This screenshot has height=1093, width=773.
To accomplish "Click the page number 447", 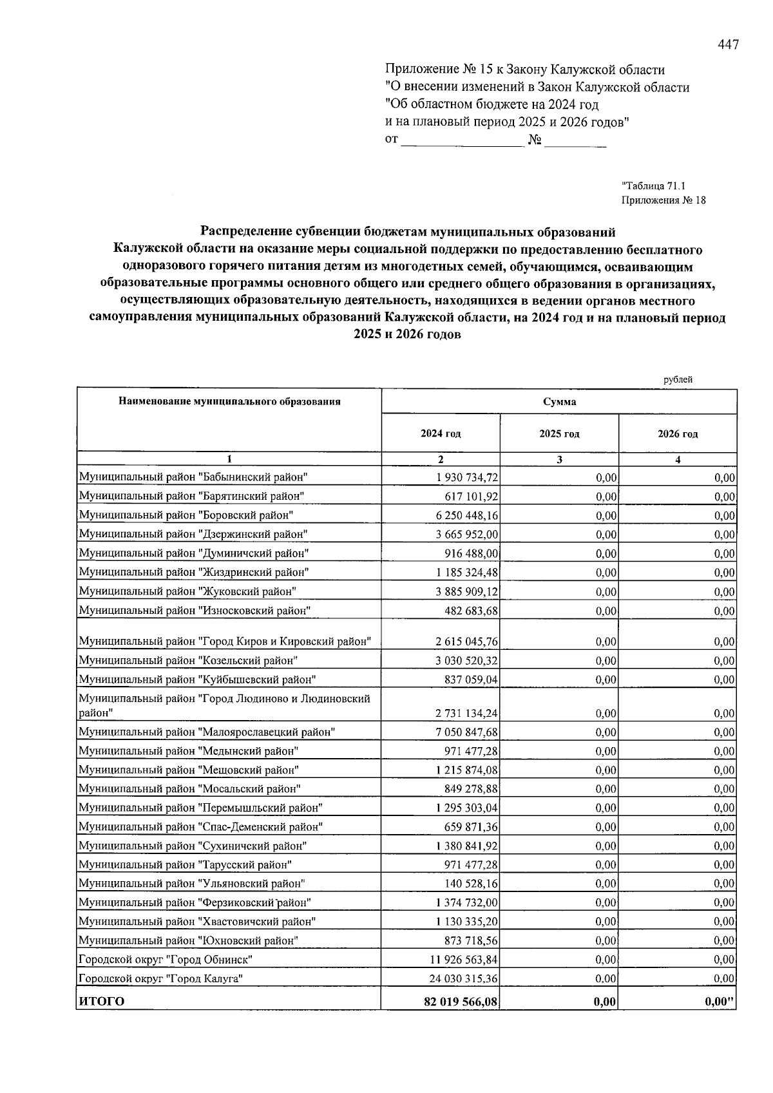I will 728,45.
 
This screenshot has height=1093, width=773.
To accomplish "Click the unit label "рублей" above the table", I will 678,380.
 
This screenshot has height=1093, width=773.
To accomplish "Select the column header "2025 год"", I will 559,434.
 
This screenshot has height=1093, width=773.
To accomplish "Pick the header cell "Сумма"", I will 559,402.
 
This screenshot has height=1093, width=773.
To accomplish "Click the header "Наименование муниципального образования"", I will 229,402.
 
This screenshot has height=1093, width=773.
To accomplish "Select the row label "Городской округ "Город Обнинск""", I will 165,960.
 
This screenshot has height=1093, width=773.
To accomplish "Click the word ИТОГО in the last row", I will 101,1002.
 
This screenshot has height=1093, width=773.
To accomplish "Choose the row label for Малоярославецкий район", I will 207,732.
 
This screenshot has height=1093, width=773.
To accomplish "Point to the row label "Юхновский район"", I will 188,941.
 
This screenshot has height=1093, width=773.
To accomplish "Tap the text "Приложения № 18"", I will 663,200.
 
